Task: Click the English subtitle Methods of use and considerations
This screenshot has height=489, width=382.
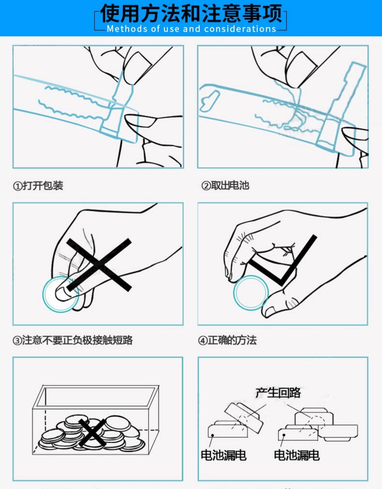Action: pyautogui.click(x=191, y=29)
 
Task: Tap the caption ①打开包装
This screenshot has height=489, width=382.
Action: pyautogui.click(x=38, y=186)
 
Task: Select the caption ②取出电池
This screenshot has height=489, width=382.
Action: pyautogui.click(x=225, y=186)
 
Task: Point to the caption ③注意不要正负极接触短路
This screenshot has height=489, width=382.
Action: pyautogui.click(x=73, y=340)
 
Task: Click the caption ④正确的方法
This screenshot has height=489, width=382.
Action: pyautogui.click(x=228, y=340)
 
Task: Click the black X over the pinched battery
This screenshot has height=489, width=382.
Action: pyautogui.click(x=99, y=265)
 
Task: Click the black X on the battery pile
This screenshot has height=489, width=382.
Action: pyautogui.click(x=93, y=433)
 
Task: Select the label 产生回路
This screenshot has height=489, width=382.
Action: pyautogui.click(x=278, y=393)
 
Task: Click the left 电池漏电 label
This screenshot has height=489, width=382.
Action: pyautogui.click(x=224, y=455)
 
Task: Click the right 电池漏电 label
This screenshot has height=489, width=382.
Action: pyautogui.click(x=297, y=455)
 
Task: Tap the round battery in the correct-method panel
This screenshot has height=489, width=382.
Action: pyautogui.click(x=251, y=293)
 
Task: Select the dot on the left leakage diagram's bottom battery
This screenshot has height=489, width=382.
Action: pyautogui.click(x=213, y=435)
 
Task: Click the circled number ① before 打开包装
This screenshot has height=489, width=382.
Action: pyautogui.click(x=17, y=186)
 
